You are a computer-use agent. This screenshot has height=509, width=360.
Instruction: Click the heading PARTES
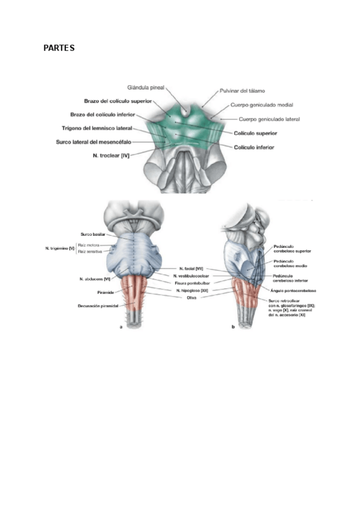(59, 47)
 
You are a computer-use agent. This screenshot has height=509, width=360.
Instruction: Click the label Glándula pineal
(145, 87)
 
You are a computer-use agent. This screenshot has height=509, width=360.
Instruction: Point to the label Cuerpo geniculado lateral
(269, 119)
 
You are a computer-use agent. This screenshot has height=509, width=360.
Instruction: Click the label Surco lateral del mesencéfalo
(96, 142)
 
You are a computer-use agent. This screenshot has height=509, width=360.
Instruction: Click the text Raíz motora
(88, 245)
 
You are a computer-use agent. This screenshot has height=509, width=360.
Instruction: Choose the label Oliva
(192, 297)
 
